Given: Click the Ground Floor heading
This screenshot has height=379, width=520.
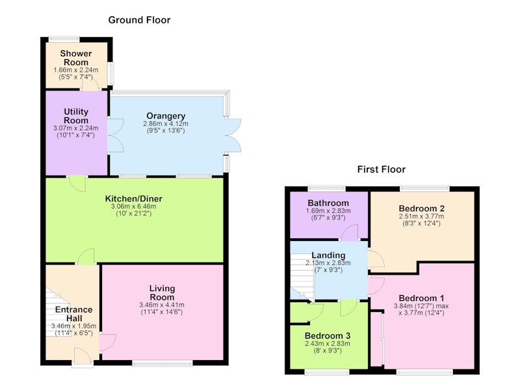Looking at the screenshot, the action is (139, 20).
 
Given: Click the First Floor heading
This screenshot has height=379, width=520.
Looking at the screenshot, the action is (382, 169).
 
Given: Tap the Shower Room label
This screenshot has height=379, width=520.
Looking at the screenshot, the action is (76, 58).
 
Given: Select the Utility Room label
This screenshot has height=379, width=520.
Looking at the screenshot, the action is (76, 116).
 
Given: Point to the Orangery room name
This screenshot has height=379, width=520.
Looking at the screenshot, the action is (166, 116).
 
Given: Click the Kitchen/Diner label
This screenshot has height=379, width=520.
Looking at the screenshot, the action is (134, 199).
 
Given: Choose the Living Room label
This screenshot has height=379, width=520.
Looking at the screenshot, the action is (162, 292).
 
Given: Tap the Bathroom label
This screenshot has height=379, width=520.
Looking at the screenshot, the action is (328, 203).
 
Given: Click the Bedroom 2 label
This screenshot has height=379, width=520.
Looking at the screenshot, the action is (421, 208).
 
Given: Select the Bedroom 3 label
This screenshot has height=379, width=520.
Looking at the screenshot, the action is (328, 336).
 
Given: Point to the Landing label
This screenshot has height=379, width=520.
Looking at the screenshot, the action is (328, 255).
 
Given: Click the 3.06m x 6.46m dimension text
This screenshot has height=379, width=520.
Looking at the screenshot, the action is (134, 206).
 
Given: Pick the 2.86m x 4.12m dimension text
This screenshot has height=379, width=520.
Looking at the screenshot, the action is (166, 124).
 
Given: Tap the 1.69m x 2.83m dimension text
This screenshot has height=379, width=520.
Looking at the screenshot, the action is (328, 210).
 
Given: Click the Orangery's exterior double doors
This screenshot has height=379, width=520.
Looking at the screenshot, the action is (233, 135).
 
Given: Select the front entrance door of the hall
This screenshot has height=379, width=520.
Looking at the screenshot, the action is (83, 357).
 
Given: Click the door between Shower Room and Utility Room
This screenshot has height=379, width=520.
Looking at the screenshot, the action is (90, 83).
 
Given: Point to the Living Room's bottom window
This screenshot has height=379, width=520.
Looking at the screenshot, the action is (162, 363).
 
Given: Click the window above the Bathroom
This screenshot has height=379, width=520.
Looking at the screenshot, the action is (327, 189).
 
